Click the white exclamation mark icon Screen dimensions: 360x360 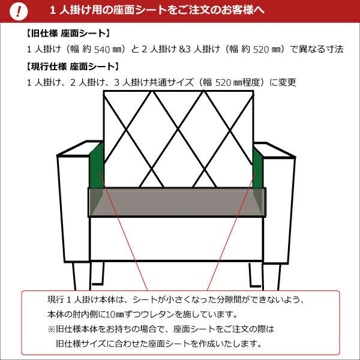coord(19,11)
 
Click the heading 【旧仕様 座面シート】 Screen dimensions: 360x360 coord(68,34)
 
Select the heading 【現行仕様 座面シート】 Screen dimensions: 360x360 coord(73,67)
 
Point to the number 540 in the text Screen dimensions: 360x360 coord(102,49)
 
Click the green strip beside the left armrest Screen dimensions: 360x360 coord(97,166)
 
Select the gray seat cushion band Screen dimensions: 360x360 coord(177,202)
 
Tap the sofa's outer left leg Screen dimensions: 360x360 coord(77,276)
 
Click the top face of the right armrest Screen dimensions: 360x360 coord(274,151)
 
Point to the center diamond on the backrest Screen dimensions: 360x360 coord(178,130)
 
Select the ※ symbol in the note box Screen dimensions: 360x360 coord(52,329)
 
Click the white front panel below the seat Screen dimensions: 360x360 coord(176,239)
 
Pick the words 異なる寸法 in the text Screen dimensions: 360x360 coord(321,49)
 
